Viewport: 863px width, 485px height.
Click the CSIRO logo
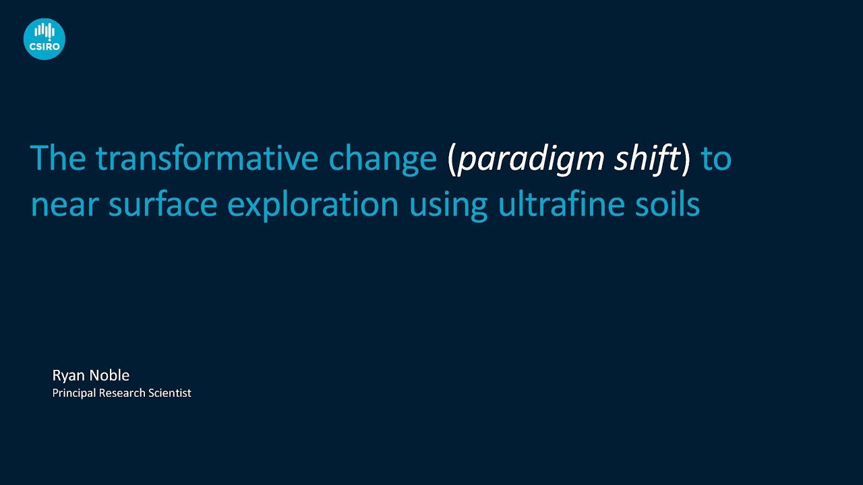44,38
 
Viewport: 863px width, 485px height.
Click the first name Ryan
68,376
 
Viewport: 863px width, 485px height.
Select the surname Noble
109,375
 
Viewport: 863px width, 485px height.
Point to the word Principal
73,393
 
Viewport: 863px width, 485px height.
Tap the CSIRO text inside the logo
44,46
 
